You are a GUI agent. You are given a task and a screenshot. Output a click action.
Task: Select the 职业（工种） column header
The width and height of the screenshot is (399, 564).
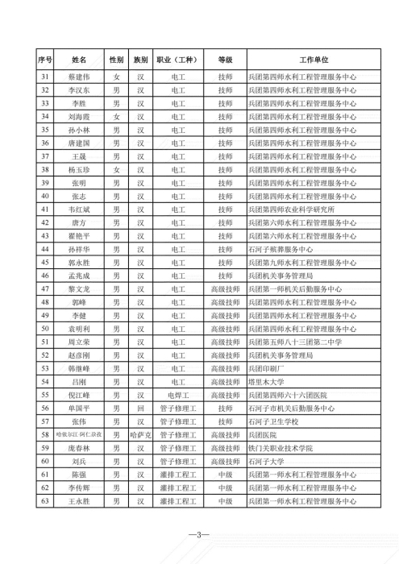click(x=178, y=60)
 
